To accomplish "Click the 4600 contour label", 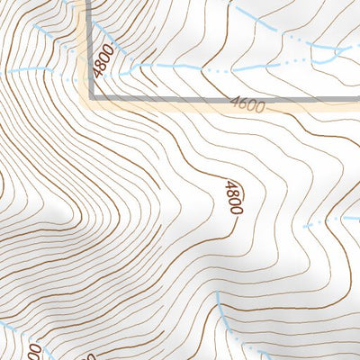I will (x=247, y=106).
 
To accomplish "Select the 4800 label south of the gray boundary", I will (x=233, y=197).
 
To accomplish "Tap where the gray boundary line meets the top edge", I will (x=91, y=3).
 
